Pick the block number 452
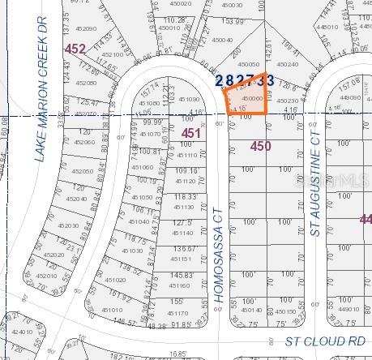pos(75,49)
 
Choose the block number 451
pos(190,133)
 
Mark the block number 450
pos(260,146)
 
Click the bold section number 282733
pos(244,79)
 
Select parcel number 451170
pos(177,313)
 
